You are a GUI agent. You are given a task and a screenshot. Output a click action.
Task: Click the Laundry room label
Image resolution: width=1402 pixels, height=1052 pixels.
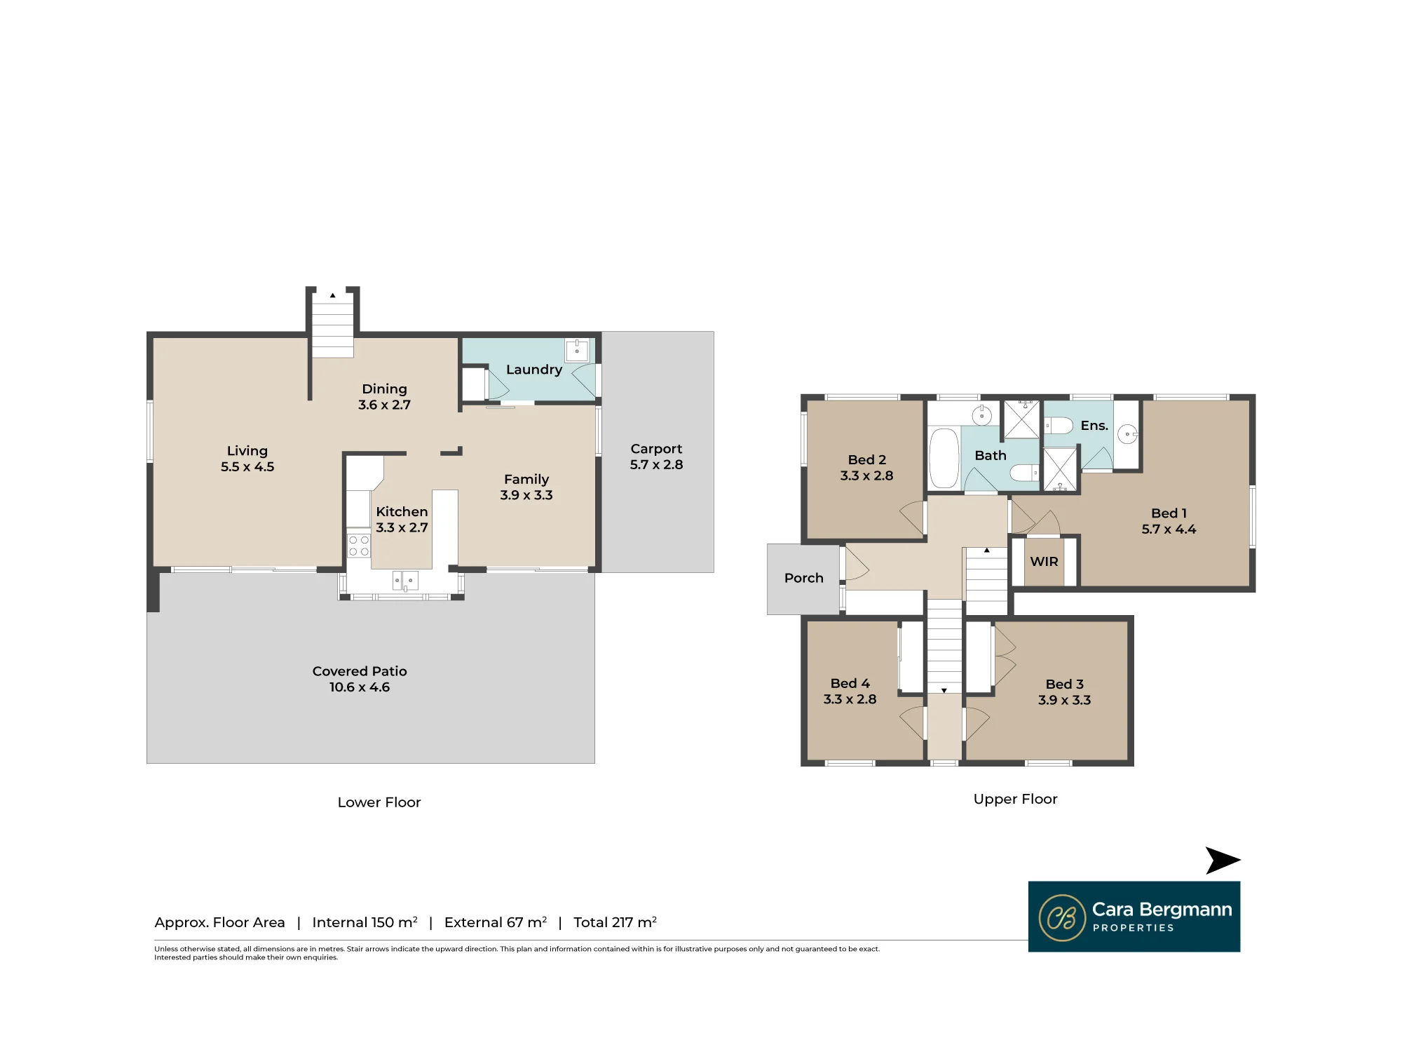[534, 370]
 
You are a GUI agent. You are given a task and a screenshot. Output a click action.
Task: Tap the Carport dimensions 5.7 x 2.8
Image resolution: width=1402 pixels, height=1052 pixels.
[656, 464]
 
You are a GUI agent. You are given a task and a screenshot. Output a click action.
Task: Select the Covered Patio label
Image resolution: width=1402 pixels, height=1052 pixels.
[360, 671]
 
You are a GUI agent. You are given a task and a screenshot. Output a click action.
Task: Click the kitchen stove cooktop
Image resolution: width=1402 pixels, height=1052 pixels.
[359, 546]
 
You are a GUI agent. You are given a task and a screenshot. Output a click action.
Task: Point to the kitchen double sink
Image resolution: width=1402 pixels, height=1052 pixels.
[405, 581]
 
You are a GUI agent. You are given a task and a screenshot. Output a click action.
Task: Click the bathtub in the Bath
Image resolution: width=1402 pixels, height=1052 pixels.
[944, 458]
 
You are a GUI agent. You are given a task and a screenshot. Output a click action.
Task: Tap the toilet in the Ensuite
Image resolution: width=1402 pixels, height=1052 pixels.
[1059, 426]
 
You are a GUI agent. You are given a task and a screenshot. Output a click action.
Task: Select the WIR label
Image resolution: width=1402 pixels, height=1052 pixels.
[1044, 562]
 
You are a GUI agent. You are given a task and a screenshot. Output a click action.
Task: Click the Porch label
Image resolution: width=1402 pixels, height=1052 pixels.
[804, 578]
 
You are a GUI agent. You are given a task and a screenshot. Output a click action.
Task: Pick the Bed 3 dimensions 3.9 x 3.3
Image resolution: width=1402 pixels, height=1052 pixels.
[1064, 700]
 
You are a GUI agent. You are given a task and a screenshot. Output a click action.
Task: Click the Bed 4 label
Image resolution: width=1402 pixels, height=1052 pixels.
[850, 683]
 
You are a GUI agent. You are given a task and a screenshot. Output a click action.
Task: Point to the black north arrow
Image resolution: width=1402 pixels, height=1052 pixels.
[1223, 861]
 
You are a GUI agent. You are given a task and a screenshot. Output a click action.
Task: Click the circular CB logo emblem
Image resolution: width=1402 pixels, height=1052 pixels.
[1062, 917]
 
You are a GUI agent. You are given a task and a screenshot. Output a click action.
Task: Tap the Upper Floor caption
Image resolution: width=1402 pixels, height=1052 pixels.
[1015, 799]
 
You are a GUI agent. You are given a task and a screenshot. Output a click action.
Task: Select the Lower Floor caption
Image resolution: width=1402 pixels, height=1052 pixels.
[379, 802]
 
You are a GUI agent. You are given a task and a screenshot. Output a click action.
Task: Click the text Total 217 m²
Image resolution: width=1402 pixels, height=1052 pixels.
[615, 922]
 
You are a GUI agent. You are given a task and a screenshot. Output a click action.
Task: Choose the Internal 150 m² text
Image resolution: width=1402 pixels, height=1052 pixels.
[365, 922]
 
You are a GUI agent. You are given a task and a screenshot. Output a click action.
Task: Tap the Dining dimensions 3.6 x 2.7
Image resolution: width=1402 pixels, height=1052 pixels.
[384, 405]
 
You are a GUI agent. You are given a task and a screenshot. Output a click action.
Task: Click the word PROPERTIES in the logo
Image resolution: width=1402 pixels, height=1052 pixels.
[1133, 928]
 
